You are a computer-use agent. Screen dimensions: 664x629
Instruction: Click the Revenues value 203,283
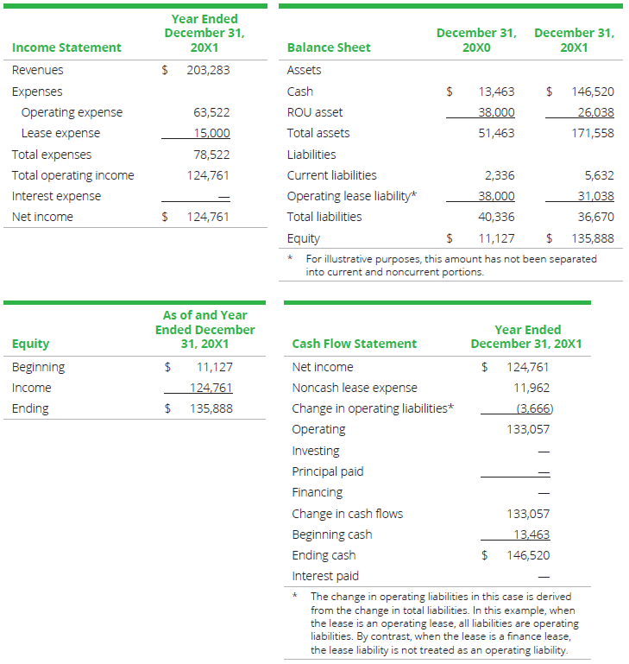[x=208, y=70]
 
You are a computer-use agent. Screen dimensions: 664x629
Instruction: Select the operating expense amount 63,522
[x=211, y=112]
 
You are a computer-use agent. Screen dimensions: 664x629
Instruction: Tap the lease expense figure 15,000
[x=211, y=133]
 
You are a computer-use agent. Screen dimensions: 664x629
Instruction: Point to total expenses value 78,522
[x=211, y=155]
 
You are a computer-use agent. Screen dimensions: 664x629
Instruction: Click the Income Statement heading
[x=66, y=47]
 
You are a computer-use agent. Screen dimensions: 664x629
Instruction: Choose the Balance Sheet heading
[x=329, y=47]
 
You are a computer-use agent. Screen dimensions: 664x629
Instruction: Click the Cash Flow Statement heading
[x=354, y=344]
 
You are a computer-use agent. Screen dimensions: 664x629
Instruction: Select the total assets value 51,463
[x=496, y=133]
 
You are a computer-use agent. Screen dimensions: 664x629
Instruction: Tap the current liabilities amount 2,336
[x=500, y=175]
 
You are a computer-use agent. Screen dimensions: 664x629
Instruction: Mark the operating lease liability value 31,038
[x=593, y=196]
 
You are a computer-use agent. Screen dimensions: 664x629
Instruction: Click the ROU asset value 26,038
[x=593, y=112]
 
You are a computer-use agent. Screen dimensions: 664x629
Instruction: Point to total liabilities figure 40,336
[x=496, y=217]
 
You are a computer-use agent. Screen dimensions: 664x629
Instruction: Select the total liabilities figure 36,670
[x=593, y=217]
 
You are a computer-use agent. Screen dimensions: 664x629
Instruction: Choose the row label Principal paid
[x=328, y=471]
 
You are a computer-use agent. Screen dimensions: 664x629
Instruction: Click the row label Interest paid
[x=325, y=576]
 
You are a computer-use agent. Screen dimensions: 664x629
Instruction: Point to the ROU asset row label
[x=314, y=112]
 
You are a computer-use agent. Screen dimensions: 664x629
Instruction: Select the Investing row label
[x=316, y=451]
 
